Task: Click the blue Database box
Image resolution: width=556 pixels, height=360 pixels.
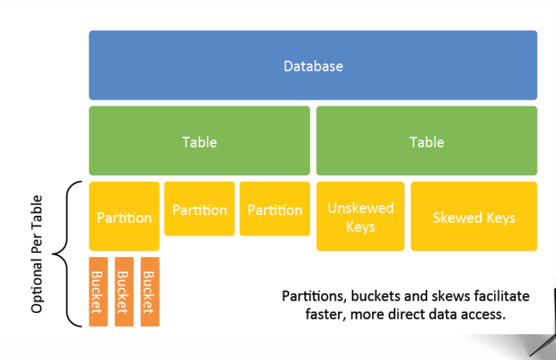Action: tap(313, 65)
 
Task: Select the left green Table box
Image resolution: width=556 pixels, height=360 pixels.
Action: tap(199, 140)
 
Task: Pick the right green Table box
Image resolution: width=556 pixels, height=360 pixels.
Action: tap(427, 140)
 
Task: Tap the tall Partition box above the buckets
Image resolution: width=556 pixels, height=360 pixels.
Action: tap(124, 216)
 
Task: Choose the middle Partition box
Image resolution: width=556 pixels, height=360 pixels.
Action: tap(199, 209)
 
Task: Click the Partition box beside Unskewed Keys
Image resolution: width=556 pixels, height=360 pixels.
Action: tap(275, 209)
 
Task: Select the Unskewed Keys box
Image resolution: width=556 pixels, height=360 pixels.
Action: tap(360, 216)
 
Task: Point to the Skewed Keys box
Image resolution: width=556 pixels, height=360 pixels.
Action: tap(474, 216)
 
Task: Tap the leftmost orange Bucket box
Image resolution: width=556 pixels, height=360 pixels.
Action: tap(98, 292)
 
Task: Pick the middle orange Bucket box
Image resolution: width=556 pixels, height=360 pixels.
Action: tap(124, 292)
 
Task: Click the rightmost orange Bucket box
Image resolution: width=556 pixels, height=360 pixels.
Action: tap(150, 292)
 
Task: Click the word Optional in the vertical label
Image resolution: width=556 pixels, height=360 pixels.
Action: tap(37, 286)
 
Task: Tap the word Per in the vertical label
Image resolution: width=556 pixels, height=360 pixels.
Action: tap(37, 243)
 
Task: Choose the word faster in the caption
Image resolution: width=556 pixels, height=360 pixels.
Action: tap(326, 314)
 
